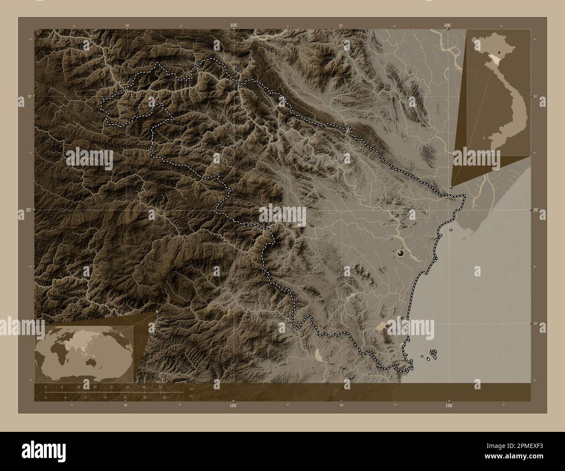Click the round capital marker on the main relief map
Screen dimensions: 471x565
tap(400, 252)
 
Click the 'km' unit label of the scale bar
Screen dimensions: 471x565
tap(191, 388)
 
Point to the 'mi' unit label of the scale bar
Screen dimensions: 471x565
tap(191, 395)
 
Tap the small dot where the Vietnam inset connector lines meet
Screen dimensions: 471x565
tap(451, 187)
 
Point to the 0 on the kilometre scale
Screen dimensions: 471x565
tap(46, 387)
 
